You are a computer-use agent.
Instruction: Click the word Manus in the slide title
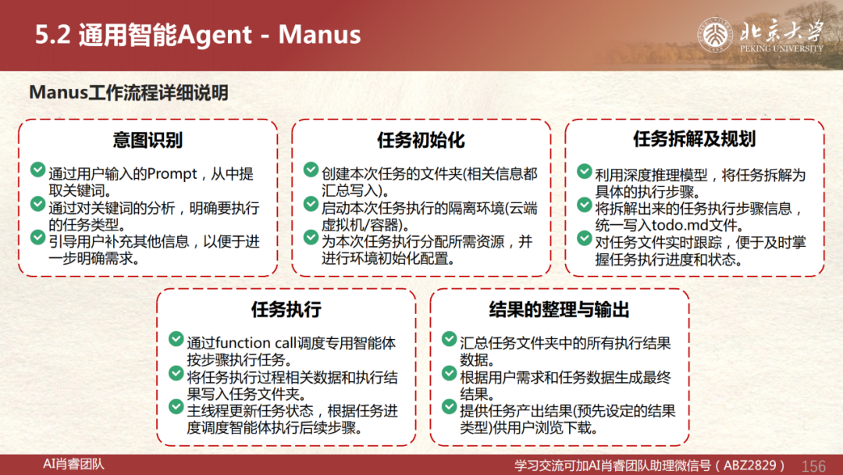tap(319, 34)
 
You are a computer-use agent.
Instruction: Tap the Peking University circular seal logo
tap(715, 35)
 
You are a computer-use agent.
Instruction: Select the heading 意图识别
tap(148, 140)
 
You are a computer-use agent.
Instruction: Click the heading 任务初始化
tap(421, 140)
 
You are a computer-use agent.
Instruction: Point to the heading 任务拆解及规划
tap(695, 139)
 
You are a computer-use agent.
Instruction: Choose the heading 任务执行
tap(286, 309)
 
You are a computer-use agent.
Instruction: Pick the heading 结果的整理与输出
tap(559, 309)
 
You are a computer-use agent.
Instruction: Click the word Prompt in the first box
tap(172, 174)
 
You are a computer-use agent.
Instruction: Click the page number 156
tap(813, 466)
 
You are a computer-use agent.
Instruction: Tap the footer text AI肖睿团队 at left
tap(73, 464)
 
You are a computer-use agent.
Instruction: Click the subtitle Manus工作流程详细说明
tap(129, 92)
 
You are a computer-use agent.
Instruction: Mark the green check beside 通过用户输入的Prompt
tap(37, 170)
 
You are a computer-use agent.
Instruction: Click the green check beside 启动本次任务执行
tap(311, 204)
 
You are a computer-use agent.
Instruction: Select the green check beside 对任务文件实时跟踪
tap(585, 238)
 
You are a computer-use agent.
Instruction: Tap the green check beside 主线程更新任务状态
tap(176, 407)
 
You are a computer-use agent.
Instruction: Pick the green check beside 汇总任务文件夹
tap(449, 339)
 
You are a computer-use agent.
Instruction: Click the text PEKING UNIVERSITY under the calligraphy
tap(781, 48)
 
